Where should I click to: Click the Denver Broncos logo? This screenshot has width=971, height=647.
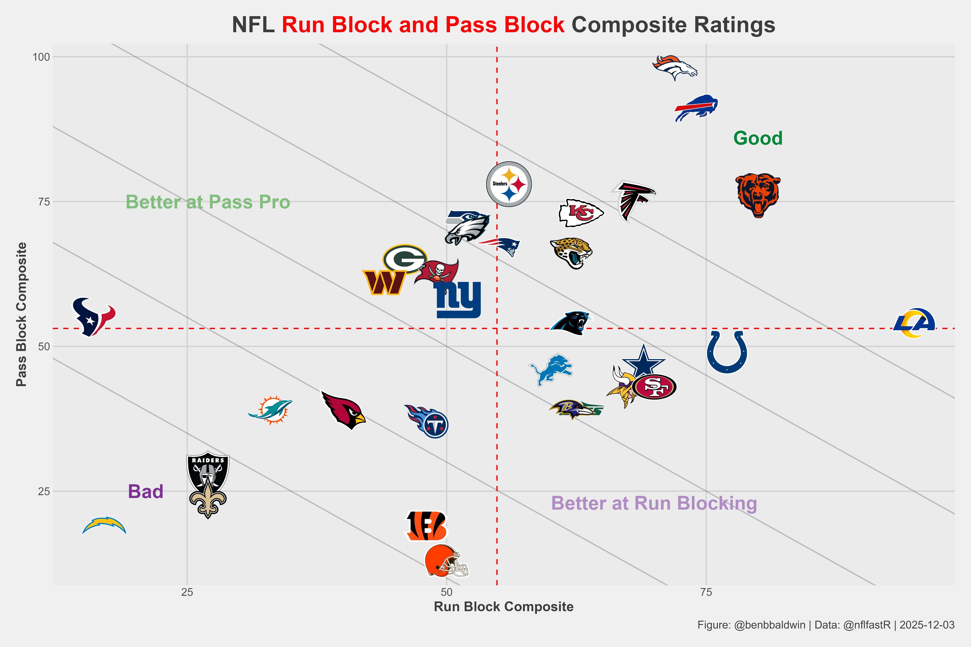(675, 67)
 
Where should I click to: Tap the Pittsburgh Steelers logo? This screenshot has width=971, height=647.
(509, 184)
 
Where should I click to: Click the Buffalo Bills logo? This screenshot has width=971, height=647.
(696, 108)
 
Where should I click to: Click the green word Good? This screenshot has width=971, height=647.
(758, 138)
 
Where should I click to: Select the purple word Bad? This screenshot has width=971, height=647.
(146, 491)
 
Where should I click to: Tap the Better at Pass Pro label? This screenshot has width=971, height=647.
(208, 202)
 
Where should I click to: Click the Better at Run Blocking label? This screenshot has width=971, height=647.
(654, 503)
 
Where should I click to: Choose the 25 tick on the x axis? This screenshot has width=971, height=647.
(187, 593)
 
